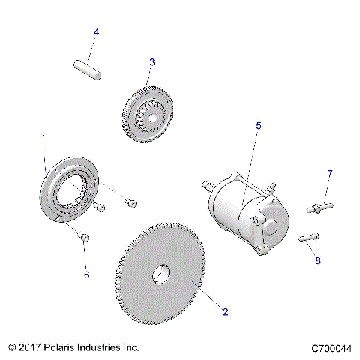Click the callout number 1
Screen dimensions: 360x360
(x=43, y=139)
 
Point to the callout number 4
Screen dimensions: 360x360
(x=96, y=32)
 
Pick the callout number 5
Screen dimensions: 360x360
(x=259, y=126)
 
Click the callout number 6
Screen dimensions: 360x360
(x=86, y=275)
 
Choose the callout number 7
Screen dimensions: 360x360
(x=328, y=174)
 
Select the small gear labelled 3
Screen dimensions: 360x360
(x=148, y=114)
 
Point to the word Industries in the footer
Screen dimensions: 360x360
(x=115, y=348)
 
